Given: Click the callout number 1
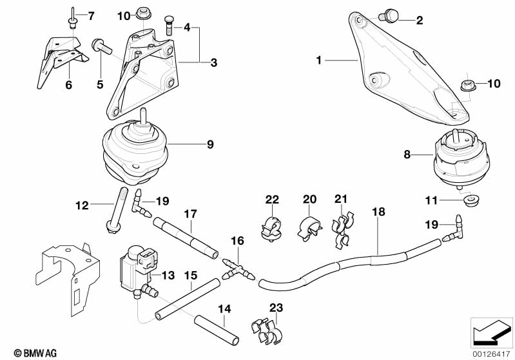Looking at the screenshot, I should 318,61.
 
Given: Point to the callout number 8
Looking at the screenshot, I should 407,155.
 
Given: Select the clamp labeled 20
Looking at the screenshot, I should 309,226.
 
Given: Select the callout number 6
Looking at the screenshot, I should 68,84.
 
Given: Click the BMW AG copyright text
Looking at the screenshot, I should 25,353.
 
